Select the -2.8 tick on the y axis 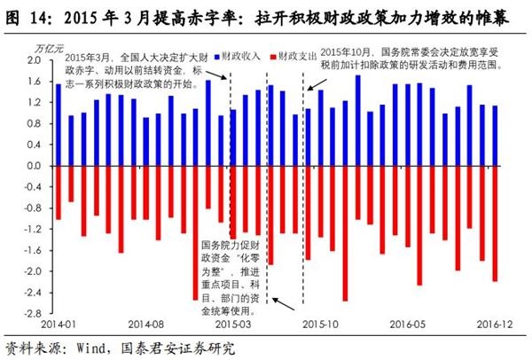[31, 313]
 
